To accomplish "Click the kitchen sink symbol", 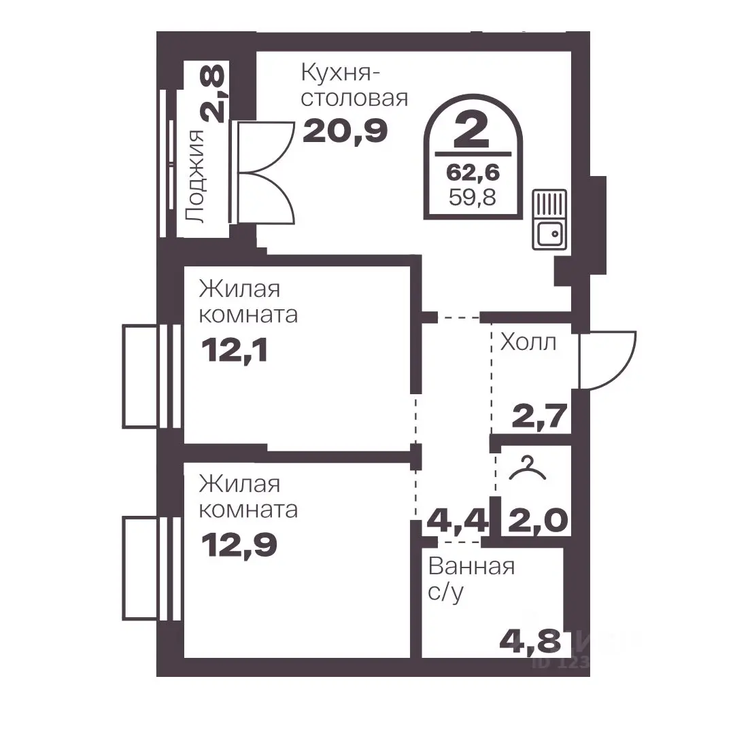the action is pyautogui.click(x=549, y=220).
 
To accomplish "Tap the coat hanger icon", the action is pyautogui.click(x=528, y=469).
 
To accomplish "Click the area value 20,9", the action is pyautogui.click(x=345, y=130).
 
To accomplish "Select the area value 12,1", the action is pyautogui.click(x=235, y=350).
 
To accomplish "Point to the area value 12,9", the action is pyautogui.click(x=239, y=545).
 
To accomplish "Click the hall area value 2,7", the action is pyautogui.click(x=540, y=416).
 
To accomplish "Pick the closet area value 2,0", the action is pyautogui.click(x=538, y=520).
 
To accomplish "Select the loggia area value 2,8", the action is pyautogui.click(x=212, y=94).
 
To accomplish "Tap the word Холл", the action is pyautogui.click(x=528, y=343).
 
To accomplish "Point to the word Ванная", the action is pyautogui.click(x=472, y=567).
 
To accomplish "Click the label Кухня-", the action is pyautogui.click(x=341, y=73).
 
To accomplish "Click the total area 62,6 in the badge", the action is pyautogui.click(x=473, y=173).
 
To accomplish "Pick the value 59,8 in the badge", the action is pyautogui.click(x=473, y=197).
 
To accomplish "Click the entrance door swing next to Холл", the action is pyautogui.click(x=607, y=360).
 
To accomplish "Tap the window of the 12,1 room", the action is pyautogui.click(x=152, y=376).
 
